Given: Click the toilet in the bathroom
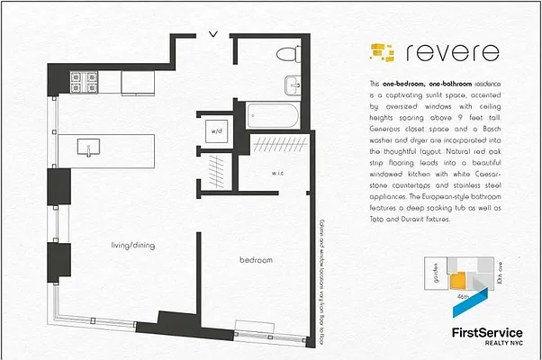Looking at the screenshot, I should pos(290,52).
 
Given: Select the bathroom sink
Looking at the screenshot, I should pos(292,85).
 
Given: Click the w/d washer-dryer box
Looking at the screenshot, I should pos(217,131).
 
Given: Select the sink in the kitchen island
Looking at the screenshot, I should pos(89,146).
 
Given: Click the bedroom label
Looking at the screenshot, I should pos(256,260).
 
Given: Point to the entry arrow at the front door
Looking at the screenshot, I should pos(212,35).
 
